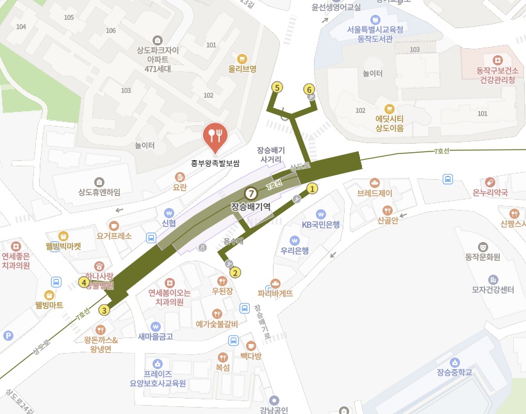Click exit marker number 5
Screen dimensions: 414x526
(277, 87)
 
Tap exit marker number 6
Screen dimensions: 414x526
(309, 90)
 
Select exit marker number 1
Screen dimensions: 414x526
(312, 188)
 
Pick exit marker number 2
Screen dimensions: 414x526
(235, 272)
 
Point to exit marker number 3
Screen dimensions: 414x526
(104, 311)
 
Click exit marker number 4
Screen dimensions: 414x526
(83, 282)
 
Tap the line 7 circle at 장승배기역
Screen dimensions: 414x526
(252, 193)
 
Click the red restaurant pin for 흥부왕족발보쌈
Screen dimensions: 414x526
(213, 135)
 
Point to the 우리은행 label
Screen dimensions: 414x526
(295, 250)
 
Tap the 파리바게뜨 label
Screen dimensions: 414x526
(275, 293)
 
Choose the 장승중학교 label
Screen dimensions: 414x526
(454, 372)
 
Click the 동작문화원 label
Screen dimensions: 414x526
(482, 257)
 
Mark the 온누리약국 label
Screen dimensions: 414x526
(490, 192)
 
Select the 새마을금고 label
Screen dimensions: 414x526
(155, 336)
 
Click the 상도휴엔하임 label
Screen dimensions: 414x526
(99, 192)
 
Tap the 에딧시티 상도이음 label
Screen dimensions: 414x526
(389, 123)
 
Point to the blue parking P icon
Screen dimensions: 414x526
(8, 335)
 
